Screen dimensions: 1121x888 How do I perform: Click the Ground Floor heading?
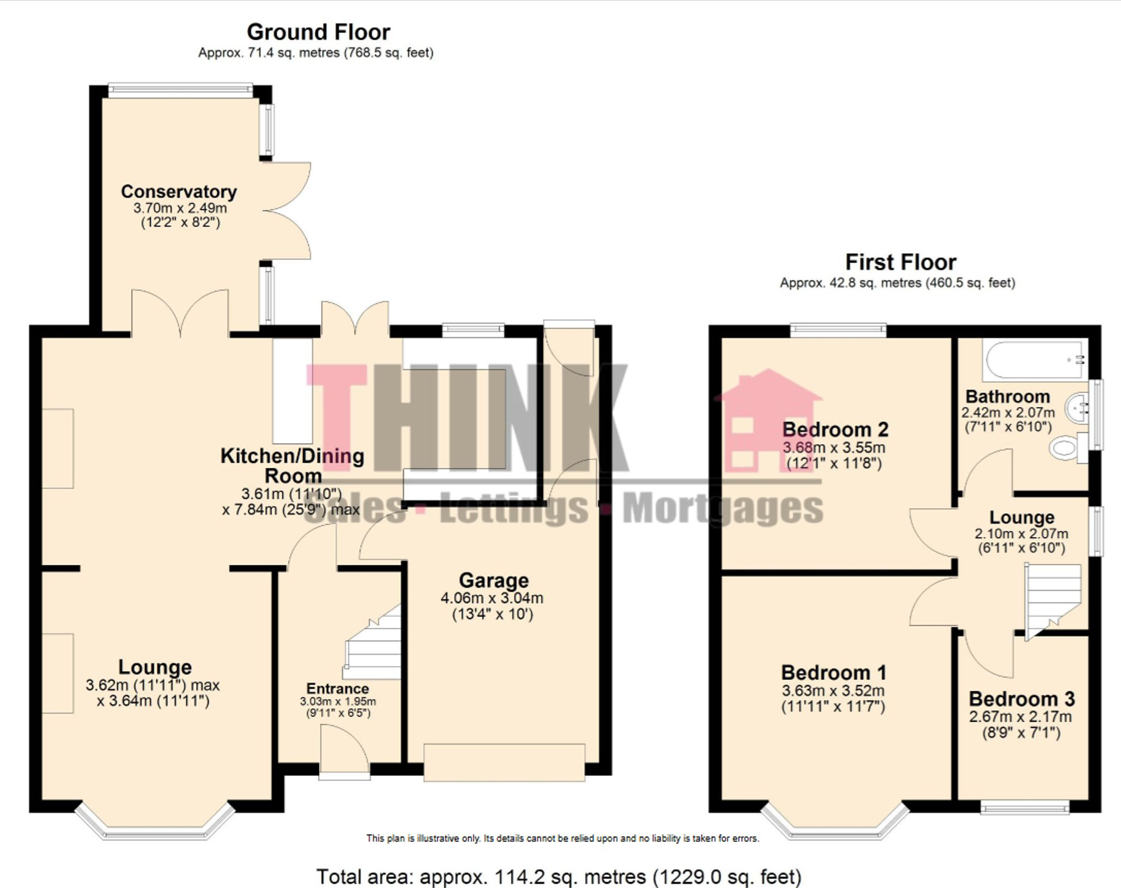[318, 32]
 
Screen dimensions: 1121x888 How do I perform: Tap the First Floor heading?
[901, 262]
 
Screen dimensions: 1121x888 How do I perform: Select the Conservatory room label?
[179, 192]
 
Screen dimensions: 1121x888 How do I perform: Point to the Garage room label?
[494, 580]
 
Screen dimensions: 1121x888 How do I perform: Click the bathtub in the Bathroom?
[1035, 359]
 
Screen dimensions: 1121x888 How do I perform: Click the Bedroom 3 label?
[1022, 699]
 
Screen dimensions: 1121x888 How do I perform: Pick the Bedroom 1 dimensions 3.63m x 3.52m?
[833, 691]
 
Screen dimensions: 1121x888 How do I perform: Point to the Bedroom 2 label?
[835, 430]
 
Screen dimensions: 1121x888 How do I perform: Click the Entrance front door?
[344, 751]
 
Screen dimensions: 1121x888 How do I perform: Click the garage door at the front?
[504, 762]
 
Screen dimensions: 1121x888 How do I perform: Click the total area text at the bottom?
[559, 876]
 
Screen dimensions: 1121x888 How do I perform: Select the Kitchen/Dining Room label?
[293, 466]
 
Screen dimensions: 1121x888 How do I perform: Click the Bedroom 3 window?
[1025, 807]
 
